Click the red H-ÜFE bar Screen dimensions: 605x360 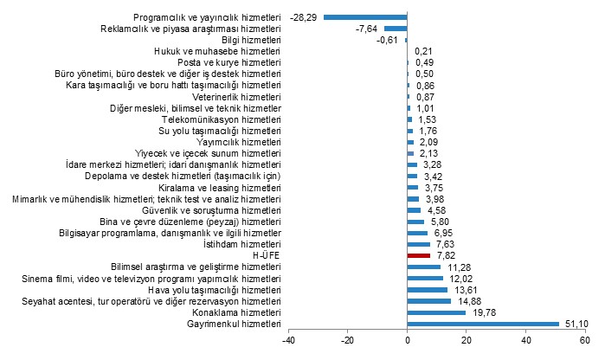(419, 255)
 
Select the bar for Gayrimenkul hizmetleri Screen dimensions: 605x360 (483, 324)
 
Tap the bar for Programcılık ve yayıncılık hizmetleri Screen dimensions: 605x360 (365, 17)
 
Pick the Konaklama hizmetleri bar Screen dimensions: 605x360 (436, 312)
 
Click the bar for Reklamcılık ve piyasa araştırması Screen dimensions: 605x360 (396, 29)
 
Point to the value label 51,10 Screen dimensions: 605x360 (576, 324)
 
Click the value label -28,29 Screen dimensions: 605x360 (303, 17)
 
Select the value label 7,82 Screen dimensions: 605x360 (446, 255)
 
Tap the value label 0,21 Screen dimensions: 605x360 (423, 51)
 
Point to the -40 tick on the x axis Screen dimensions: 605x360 (288, 340)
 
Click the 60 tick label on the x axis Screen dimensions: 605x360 (585, 340)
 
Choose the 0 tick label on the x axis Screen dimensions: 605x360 (407, 340)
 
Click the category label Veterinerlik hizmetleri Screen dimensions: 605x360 (236, 97)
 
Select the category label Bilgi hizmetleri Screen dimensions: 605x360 (251, 40)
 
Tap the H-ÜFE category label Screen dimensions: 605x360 (266, 255)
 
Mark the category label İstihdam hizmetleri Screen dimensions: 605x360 (242, 244)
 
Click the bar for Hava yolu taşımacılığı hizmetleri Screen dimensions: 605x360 (428, 290)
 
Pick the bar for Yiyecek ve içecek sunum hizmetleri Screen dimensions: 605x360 (410, 153)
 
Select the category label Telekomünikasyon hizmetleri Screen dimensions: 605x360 (221, 119)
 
